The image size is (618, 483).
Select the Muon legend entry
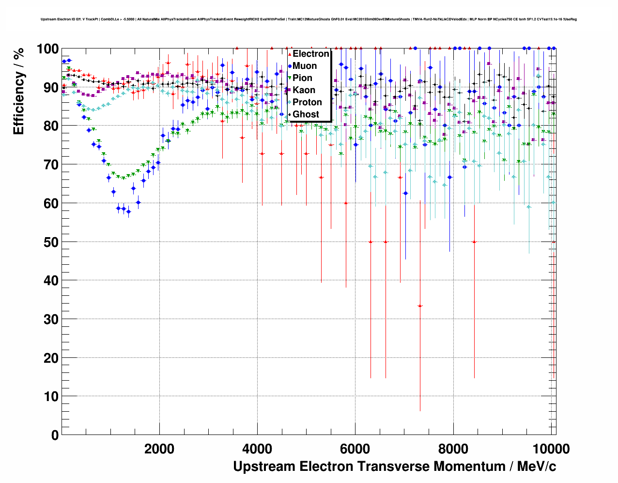(x=305, y=66)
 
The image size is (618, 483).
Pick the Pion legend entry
(x=302, y=78)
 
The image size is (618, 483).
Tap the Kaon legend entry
(x=304, y=90)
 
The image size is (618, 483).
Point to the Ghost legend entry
(x=306, y=114)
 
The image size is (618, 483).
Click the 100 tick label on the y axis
(x=47, y=49)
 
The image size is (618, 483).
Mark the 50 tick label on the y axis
(x=51, y=242)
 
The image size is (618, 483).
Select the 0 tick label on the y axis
(x=54, y=435)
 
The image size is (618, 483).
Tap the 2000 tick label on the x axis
(x=159, y=449)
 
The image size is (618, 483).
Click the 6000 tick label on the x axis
(x=355, y=449)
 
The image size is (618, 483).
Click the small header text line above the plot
(x=309, y=19)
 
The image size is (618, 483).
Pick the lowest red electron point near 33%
(x=420, y=306)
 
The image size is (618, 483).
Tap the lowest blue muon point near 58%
(x=128, y=211)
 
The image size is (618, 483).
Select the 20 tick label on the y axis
(x=51, y=358)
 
